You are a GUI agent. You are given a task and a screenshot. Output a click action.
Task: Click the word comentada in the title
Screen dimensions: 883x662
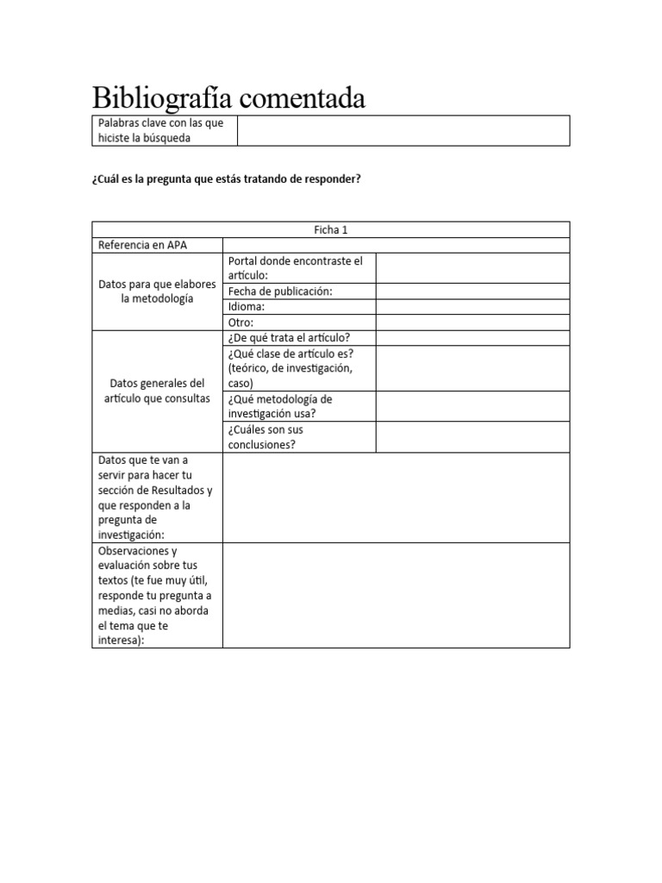pyautogui.click(x=301, y=98)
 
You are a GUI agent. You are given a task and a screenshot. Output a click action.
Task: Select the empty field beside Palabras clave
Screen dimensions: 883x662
pyautogui.click(x=403, y=131)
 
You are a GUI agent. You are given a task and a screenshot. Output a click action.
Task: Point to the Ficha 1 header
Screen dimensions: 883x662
pyautogui.click(x=331, y=229)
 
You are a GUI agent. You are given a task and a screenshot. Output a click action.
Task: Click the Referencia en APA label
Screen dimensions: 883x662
pyautogui.click(x=144, y=245)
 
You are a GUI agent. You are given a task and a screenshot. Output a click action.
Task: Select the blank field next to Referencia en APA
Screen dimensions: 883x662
pyautogui.click(x=396, y=245)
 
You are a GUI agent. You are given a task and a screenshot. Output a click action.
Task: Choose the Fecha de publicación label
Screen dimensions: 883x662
pyautogui.click(x=279, y=291)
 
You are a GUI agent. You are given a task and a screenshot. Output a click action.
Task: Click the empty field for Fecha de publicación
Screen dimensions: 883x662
pyautogui.click(x=472, y=291)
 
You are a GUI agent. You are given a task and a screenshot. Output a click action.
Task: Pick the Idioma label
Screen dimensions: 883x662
pyautogui.click(x=247, y=306)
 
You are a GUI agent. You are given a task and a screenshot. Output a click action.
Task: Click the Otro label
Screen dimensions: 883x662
pyautogui.click(x=240, y=322)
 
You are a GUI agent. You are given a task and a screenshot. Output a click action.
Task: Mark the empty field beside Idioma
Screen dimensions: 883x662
pyautogui.click(x=472, y=306)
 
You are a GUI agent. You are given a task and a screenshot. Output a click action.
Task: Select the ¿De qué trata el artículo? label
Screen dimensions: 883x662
pyautogui.click(x=288, y=337)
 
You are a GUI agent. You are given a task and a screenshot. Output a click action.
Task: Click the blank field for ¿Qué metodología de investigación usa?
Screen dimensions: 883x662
pyautogui.click(x=472, y=406)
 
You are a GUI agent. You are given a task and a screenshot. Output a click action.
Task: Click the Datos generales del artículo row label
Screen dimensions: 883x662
pyautogui.click(x=157, y=391)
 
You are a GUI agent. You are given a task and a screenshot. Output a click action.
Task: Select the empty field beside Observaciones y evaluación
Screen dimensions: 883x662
pyautogui.click(x=396, y=595)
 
